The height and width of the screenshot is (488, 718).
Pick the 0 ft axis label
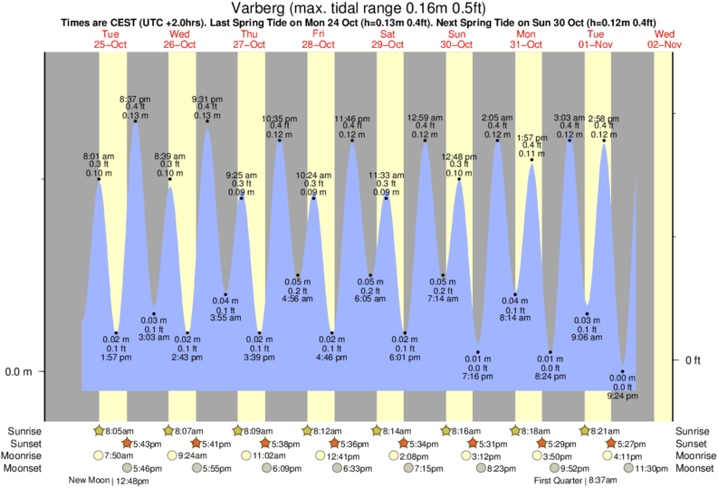[x=694, y=360]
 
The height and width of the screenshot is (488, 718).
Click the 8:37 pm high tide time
[x=136, y=98]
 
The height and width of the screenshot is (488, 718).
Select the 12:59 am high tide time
[x=425, y=117]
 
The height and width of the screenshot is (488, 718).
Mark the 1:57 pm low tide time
[x=116, y=357]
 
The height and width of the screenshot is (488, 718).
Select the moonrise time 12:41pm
[x=330, y=455]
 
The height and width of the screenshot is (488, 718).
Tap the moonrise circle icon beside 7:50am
[x=99, y=455]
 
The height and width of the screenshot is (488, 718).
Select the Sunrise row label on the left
[x=24, y=432]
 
